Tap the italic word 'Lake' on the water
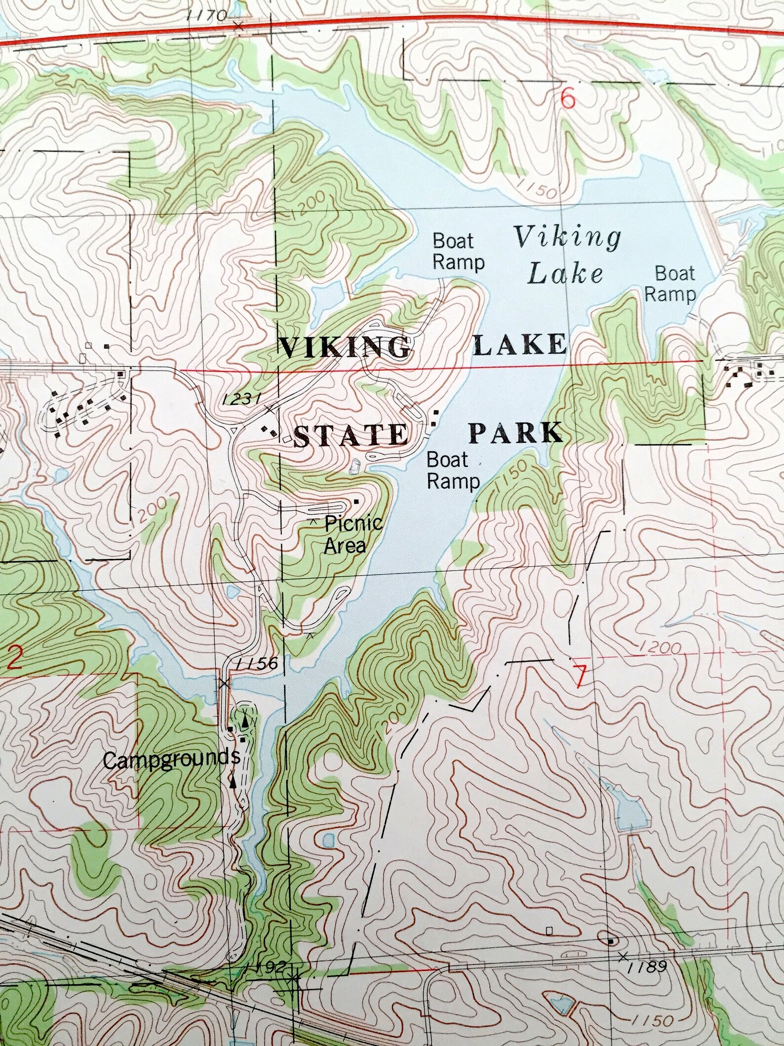[565, 273]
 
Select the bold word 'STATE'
[351, 436]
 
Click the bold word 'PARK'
[516, 433]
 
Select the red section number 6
[568, 100]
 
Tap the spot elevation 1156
[257, 664]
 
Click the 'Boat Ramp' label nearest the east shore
[671, 284]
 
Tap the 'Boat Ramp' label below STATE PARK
[453, 470]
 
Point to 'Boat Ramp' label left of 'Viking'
[458, 252]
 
